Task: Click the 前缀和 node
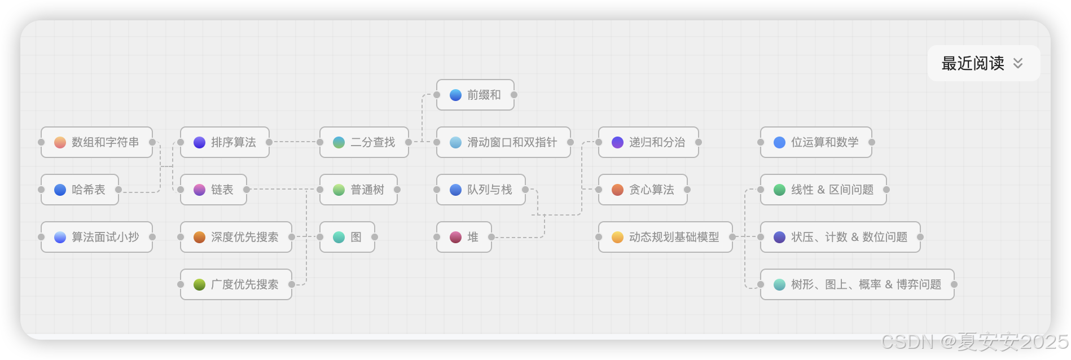coord(475,95)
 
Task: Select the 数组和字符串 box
coord(96,142)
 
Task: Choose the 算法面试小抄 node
coord(96,237)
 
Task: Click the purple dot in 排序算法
coord(199,142)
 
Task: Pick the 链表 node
coord(213,190)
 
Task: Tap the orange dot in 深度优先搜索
coord(199,237)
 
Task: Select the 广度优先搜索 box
coord(236,284)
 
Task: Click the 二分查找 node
coord(364,142)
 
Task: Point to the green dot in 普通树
coord(339,190)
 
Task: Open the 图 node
coord(347,237)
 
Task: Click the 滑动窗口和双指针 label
coord(512,142)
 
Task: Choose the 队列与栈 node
coord(481,190)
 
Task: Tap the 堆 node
coord(464,237)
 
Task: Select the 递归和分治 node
coord(648,142)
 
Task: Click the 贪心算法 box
coord(643,190)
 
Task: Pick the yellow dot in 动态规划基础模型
coord(617,237)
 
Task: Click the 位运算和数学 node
coord(816,142)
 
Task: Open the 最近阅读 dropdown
coord(984,63)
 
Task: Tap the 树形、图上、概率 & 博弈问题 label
coord(866,284)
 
